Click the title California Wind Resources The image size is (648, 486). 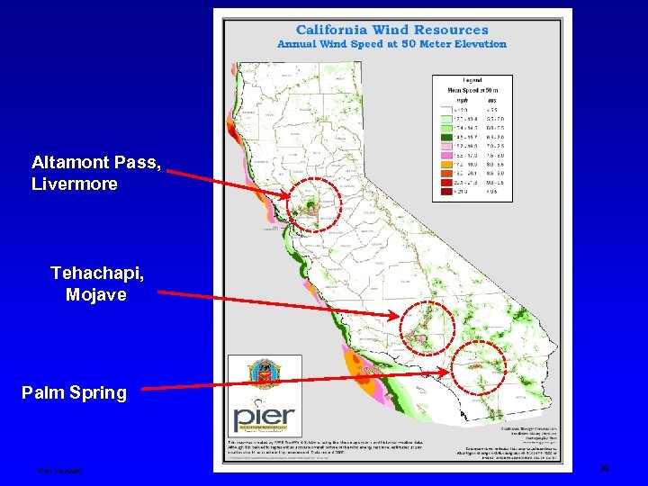(x=391, y=30)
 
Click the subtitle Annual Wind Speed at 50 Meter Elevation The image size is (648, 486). (x=391, y=43)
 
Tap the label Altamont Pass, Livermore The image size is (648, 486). (x=74, y=173)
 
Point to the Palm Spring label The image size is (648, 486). (x=75, y=393)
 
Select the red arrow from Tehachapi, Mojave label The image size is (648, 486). (x=279, y=303)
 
